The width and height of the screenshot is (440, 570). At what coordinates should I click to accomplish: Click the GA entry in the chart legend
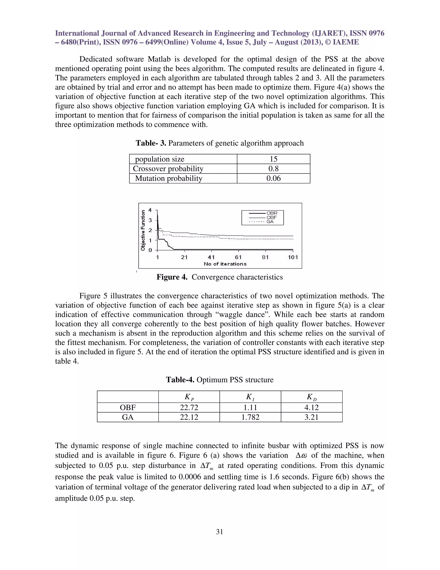tap(270, 222)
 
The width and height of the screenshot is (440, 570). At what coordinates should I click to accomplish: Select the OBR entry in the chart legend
tap(272, 213)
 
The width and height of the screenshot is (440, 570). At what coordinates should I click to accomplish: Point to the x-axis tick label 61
tap(238, 257)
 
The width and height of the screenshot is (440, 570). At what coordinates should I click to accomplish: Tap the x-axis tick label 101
tap(293, 257)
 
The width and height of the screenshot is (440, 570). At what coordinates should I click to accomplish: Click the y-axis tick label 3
tap(150, 220)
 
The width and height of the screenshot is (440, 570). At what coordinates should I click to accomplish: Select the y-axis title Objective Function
tap(143, 230)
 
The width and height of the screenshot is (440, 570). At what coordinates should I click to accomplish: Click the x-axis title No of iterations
tap(225, 264)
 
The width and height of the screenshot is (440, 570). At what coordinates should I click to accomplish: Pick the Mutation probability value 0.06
tap(273, 179)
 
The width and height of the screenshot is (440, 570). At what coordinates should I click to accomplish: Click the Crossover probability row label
tap(168, 169)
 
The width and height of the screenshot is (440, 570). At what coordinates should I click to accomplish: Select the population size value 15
tap(273, 159)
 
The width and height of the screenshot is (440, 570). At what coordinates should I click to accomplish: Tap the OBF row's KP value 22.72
tap(189, 407)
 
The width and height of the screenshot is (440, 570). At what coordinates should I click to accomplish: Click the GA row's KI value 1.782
tap(250, 417)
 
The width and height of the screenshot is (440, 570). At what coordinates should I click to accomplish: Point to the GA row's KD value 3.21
tap(312, 417)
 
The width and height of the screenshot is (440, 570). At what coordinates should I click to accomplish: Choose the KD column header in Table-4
tap(312, 397)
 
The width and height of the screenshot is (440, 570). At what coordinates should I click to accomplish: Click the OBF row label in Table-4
tap(128, 407)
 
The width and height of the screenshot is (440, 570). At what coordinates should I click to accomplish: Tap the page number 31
tap(220, 532)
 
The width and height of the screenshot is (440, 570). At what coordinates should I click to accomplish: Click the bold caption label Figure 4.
tap(172, 277)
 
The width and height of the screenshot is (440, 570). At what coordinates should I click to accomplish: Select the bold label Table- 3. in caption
tap(151, 143)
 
